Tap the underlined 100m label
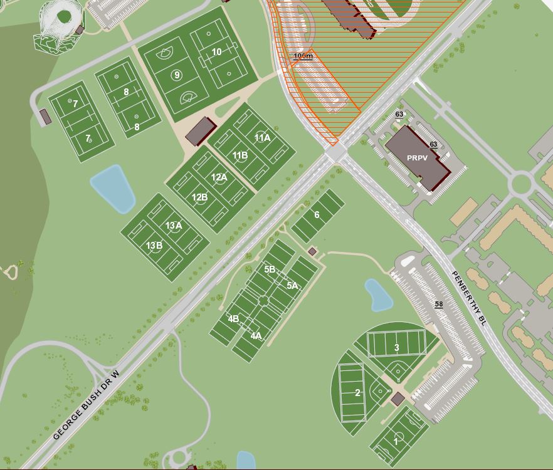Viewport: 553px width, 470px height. tap(303, 56)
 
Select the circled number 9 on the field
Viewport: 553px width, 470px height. tap(177, 75)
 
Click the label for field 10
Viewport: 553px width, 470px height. tap(216, 52)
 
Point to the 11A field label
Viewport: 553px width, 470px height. tap(262, 138)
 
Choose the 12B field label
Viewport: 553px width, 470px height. tap(199, 197)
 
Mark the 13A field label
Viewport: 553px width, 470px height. tap(174, 226)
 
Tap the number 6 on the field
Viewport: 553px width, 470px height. tap(317, 215)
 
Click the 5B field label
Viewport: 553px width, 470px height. tap(270, 269)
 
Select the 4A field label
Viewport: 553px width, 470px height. tap(256, 336)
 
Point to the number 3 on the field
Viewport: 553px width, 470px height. tap(396, 348)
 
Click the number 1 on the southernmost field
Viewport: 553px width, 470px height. tap(396, 441)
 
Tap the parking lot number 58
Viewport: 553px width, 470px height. tap(439, 305)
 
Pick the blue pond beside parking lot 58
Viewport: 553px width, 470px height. tap(379, 295)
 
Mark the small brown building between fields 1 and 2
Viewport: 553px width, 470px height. tap(398, 399)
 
